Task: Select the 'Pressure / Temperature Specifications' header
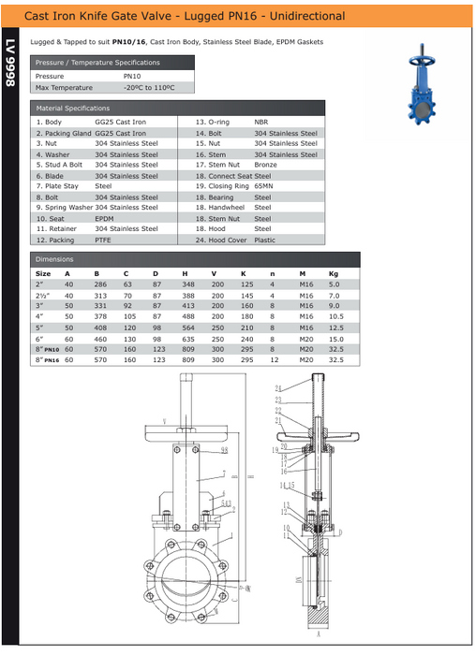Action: [97, 62]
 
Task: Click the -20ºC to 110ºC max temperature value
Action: [148, 87]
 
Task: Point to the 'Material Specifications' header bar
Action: [73, 109]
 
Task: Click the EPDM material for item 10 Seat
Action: [104, 218]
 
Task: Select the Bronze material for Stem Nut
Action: [265, 165]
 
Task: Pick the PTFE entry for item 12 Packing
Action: [103, 240]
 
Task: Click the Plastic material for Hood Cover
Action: [264, 240]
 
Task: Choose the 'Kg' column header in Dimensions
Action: [334, 273]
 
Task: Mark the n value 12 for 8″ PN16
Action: [274, 359]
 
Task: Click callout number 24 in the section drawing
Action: [277, 387]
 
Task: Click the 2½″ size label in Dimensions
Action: [42, 295]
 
